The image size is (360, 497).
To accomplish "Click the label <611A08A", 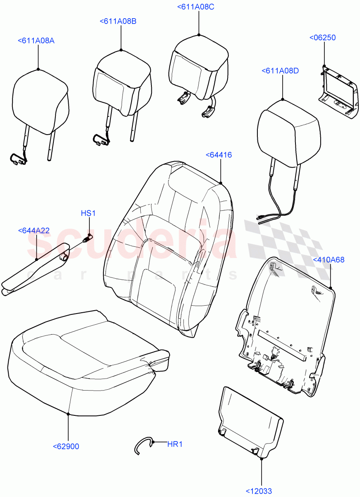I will tap(36, 41).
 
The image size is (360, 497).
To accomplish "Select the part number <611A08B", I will tap(118, 21).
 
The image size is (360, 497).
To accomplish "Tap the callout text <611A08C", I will tap(195, 7).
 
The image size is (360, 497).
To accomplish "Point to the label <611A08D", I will tap(280, 71).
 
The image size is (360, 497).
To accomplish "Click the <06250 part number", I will tap(323, 38).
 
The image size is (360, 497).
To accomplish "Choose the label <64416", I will tap(218, 155).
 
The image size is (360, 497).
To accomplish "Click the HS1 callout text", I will tap(88, 213).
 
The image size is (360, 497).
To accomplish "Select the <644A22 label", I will tap(34, 230).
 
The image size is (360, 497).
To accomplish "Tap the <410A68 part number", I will tap(329, 260).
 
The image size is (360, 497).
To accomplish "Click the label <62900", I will tap(66, 446).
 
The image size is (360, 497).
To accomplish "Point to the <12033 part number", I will tap(259, 491).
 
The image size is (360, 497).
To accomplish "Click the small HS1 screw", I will tap(87, 239).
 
